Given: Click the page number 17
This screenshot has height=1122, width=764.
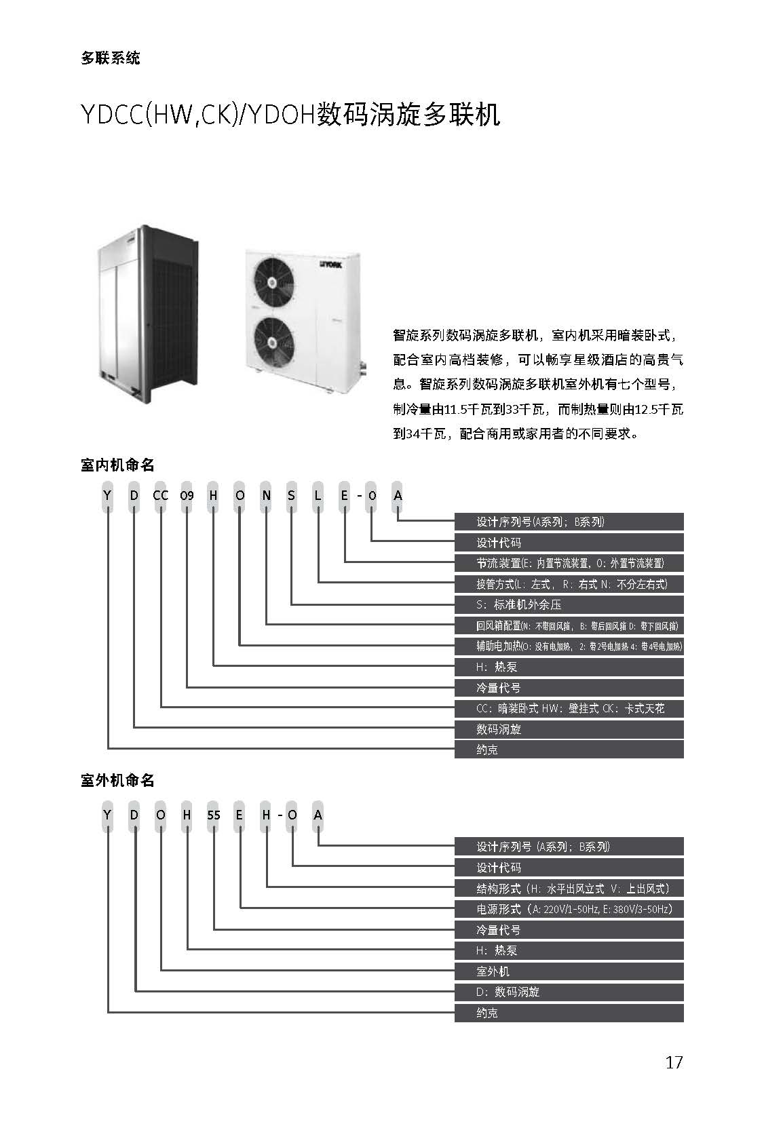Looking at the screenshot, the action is pyautogui.click(x=674, y=1062).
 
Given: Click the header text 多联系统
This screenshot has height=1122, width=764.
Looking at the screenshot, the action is pyautogui.click(x=110, y=58).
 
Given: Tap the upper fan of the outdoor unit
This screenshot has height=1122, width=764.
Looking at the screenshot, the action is pyautogui.click(x=273, y=282).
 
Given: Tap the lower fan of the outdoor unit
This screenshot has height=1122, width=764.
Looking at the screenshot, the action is pyautogui.click(x=273, y=342).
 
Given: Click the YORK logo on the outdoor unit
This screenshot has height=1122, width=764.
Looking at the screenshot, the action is pyautogui.click(x=330, y=264).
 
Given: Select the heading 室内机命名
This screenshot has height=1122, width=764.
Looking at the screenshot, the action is pyautogui.click(x=117, y=465).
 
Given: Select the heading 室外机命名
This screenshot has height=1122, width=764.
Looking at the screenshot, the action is pyautogui.click(x=117, y=780).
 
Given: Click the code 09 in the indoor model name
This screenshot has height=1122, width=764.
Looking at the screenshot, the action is pyautogui.click(x=187, y=496).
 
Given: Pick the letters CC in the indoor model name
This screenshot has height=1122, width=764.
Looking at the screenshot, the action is pyautogui.click(x=160, y=496).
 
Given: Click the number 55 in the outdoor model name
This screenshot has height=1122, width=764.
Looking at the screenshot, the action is pyautogui.click(x=214, y=815).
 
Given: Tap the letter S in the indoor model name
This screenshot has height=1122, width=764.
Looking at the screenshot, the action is pyautogui.click(x=292, y=496).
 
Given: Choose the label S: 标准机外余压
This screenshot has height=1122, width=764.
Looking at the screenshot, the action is pyautogui.click(x=518, y=604).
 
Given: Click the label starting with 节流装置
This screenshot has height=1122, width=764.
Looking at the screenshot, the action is pyautogui.click(x=570, y=563).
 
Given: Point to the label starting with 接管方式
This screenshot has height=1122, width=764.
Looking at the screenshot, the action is pyautogui.click(x=571, y=584).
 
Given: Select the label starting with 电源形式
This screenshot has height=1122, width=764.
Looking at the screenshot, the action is pyautogui.click(x=574, y=908).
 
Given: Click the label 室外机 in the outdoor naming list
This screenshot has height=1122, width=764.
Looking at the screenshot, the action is pyautogui.click(x=493, y=971).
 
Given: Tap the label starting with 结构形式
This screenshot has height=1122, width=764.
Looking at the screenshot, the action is pyautogui.click(x=573, y=888).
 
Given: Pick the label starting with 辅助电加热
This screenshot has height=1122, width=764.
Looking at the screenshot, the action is pyautogui.click(x=579, y=646).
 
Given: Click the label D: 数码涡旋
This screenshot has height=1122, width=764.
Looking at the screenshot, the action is pyautogui.click(x=508, y=992).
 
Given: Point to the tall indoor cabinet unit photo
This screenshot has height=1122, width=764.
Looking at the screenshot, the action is pyautogui.click(x=147, y=314).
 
